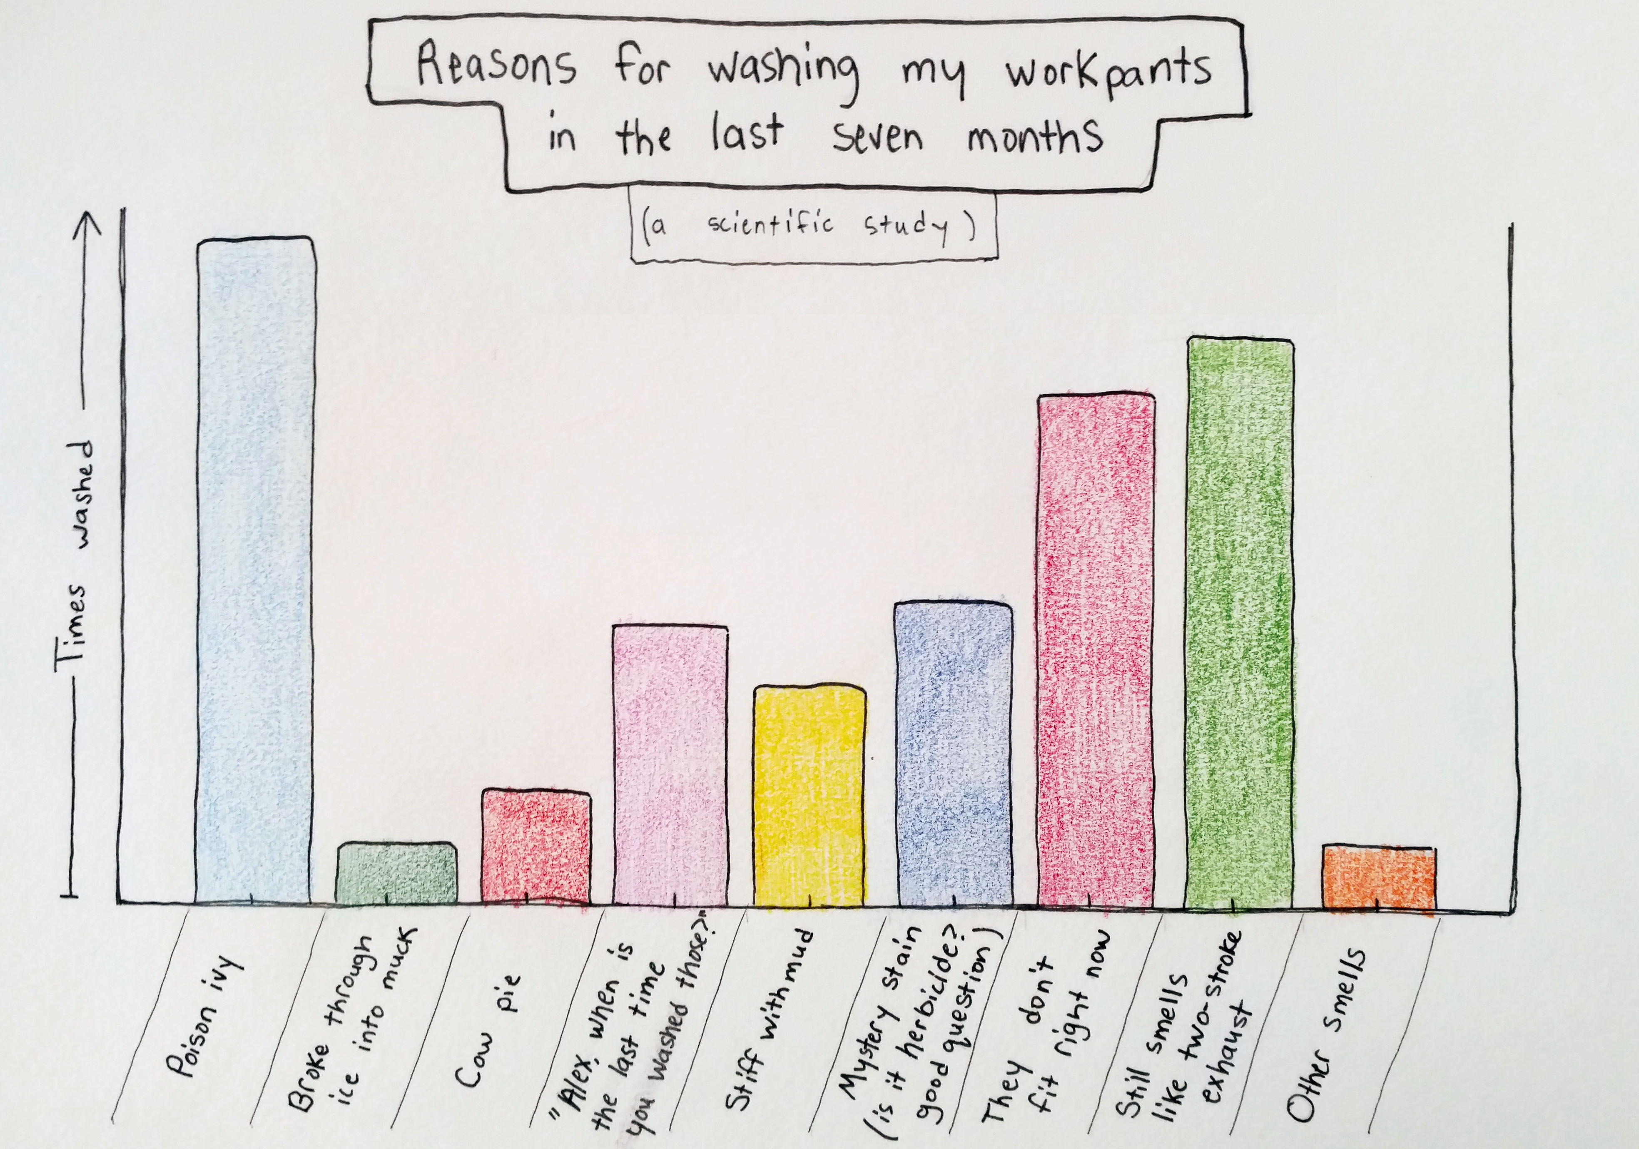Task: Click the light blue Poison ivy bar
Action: [x=255, y=571]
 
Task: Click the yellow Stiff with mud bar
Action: [x=810, y=795]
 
